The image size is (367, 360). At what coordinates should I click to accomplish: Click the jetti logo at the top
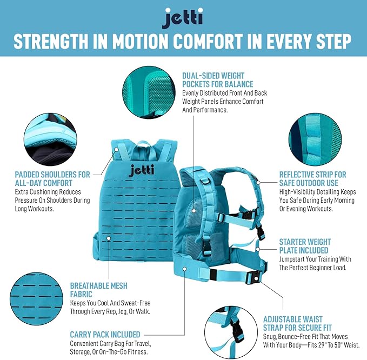[183, 18]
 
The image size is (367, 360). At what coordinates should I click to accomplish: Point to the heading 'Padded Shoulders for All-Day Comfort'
[53, 178]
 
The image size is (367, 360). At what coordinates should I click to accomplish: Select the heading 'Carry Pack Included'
[105, 335]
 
